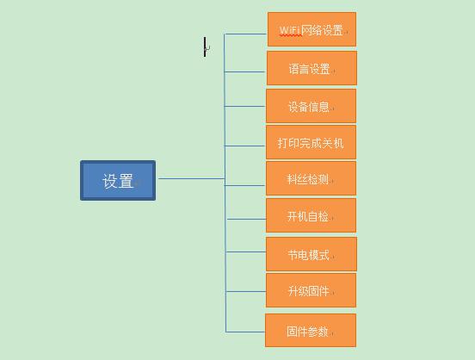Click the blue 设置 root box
(x=118, y=181)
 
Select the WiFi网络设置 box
(x=312, y=29)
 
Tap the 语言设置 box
(x=312, y=68)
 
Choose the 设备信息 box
(x=312, y=106)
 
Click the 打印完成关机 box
(x=312, y=142)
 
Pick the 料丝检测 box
(x=312, y=178)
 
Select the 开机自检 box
(x=312, y=215)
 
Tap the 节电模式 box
(x=312, y=254)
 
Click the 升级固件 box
(x=312, y=290)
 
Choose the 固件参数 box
(x=311, y=330)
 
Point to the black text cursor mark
(x=205, y=47)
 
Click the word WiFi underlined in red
(x=289, y=30)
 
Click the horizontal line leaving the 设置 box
(x=191, y=178)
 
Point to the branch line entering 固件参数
(x=245, y=332)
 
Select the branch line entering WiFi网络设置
(x=245, y=34)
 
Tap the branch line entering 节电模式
(x=246, y=251)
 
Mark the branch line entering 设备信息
(x=245, y=106)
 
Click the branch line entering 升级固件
(x=246, y=291)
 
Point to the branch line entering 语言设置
(x=245, y=71)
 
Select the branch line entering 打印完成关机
(x=245, y=146)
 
